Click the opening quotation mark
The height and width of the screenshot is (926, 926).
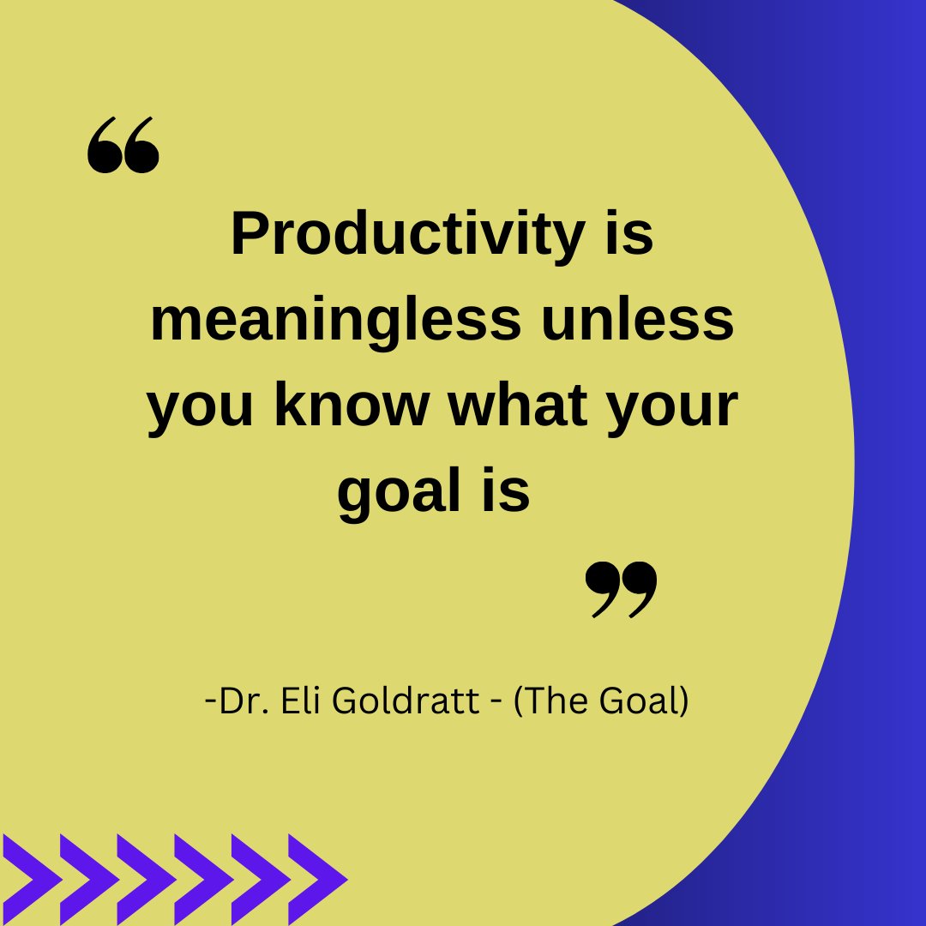123,147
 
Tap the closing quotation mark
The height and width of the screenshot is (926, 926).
622,590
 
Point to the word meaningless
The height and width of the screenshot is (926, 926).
335,320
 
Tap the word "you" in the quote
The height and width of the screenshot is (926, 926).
200,407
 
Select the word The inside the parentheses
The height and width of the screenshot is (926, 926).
556,702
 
